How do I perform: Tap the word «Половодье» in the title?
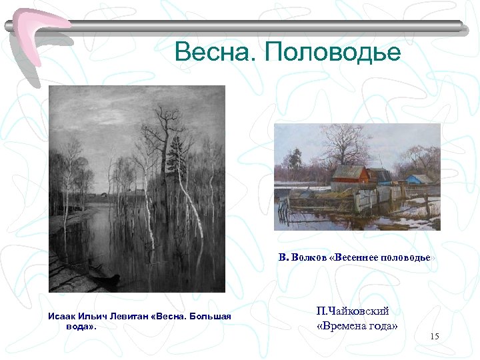click(333, 52)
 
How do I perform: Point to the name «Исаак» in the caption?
click(62, 316)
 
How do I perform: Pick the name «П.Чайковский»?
click(353, 311)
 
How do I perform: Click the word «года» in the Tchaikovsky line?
click(383, 326)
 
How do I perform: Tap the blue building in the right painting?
click(419, 181)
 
